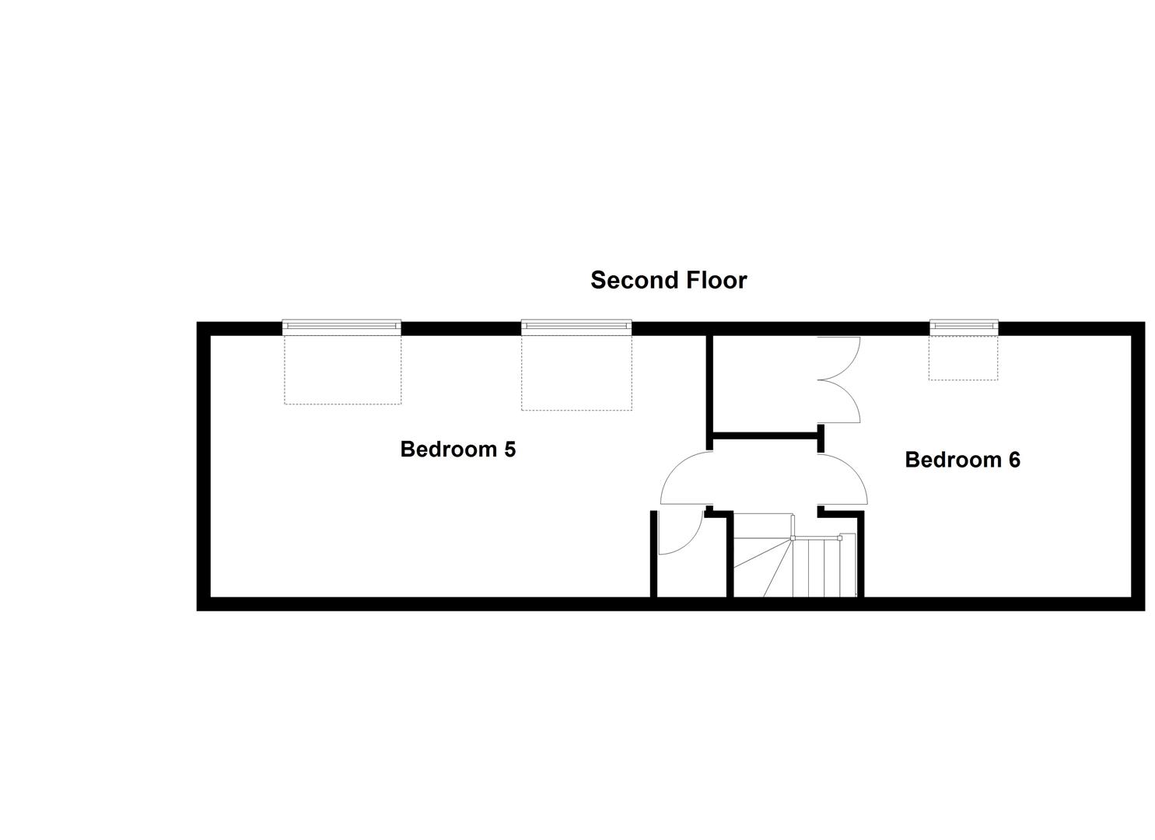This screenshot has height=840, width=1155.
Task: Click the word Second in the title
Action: (628, 280)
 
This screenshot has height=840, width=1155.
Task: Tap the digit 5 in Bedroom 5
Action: (509, 450)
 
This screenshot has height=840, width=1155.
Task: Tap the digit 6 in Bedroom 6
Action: (1013, 460)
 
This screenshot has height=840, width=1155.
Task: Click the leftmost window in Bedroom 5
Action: (341, 326)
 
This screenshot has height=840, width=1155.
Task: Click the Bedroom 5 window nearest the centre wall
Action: (576, 326)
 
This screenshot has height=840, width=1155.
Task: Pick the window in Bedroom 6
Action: (964, 326)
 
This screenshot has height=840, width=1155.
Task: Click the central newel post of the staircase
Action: (793, 537)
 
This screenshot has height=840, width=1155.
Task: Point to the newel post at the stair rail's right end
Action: (840, 537)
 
